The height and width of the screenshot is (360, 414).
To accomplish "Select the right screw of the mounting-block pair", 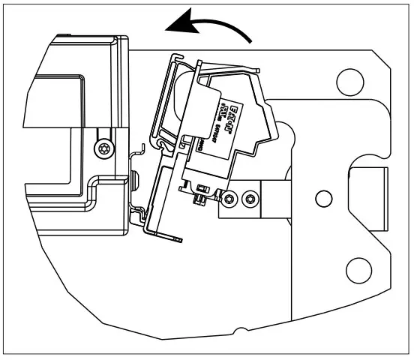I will click(x=249, y=198).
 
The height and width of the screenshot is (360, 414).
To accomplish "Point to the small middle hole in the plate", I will click(x=323, y=198).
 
